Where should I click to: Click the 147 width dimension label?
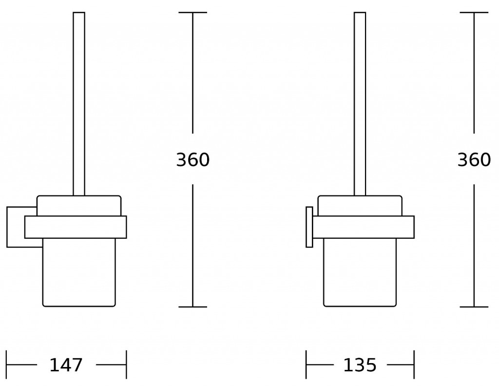tap(66, 365)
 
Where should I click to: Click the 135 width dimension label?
tap(360, 365)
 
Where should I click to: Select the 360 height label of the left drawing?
tap(193, 160)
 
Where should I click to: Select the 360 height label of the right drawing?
tap(474, 160)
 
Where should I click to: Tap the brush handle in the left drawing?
tap(79, 104)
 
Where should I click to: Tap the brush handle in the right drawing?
tap(360, 104)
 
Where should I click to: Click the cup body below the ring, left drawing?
tap(79, 272)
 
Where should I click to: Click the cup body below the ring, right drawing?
tap(360, 272)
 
